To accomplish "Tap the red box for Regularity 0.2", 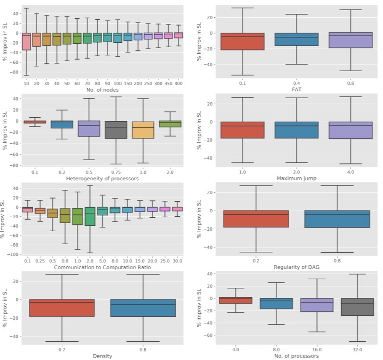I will (256, 219).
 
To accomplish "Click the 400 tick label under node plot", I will (178, 83).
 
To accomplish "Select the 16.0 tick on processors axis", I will (316, 349).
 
